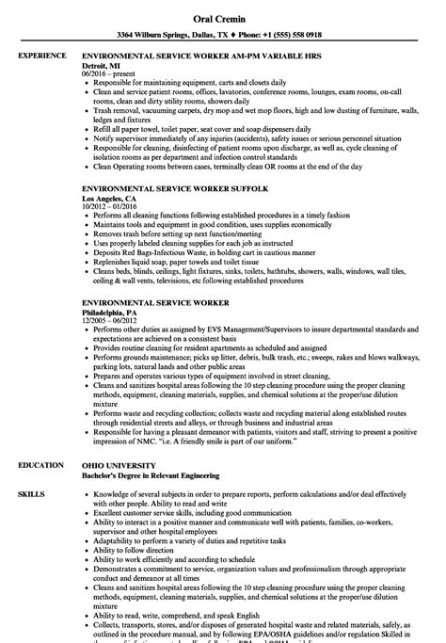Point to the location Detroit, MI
(x=103, y=67)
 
